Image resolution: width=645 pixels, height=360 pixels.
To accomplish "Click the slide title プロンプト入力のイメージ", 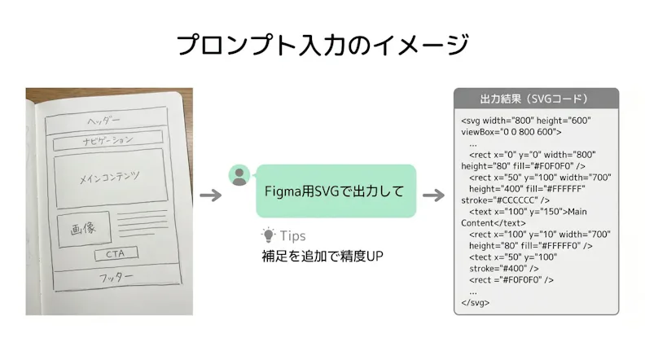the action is (x=322, y=45).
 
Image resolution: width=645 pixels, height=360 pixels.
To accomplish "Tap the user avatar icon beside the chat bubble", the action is (x=239, y=175).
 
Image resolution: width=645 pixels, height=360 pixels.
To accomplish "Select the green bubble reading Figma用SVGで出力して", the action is (x=336, y=191).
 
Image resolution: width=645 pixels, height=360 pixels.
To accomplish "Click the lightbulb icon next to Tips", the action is (x=268, y=235).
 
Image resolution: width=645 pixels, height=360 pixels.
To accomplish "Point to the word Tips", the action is (x=293, y=235).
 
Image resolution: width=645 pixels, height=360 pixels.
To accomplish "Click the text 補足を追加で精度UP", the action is (x=322, y=257).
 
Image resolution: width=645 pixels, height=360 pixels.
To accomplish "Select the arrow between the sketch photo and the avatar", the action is (x=211, y=195).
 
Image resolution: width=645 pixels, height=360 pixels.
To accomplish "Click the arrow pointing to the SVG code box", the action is (x=433, y=195).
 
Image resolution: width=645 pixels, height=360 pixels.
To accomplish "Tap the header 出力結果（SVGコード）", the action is (x=536, y=99).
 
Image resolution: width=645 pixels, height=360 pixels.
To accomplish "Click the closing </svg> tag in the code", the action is (x=476, y=302).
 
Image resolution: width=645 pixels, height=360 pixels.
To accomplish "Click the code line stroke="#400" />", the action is (x=504, y=269).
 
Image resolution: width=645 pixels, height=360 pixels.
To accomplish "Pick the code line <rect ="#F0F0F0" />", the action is (x=511, y=279).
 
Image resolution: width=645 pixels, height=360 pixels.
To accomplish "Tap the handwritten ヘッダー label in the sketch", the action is (x=103, y=121).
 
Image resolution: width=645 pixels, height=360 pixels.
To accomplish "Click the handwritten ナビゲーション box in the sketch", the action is (x=107, y=141).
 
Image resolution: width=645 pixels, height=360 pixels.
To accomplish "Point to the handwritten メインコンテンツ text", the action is (x=109, y=178).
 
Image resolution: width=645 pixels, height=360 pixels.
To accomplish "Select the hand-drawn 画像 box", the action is (x=85, y=229).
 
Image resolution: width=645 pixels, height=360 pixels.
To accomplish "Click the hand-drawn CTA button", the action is (x=116, y=254).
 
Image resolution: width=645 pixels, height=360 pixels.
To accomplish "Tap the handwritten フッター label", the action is (x=116, y=277).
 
